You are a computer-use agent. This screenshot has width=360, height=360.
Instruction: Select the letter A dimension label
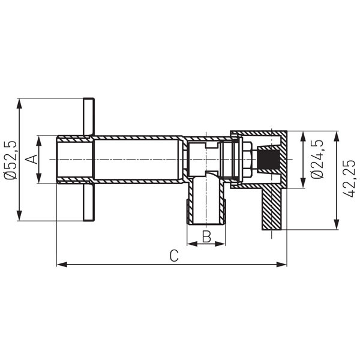pyautogui.click(x=33, y=159)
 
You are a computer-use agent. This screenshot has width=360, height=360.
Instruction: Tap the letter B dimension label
pyautogui.click(x=206, y=236)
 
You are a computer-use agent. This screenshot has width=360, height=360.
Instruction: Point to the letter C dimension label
pyautogui.click(x=173, y=256)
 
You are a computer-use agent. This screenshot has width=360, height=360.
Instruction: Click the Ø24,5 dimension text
pyautogui.click(x=318, y=159)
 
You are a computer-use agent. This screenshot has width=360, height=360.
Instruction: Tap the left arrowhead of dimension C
pyautogui.click(x=61, y=264)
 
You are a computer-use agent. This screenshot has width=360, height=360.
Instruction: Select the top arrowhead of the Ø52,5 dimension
pyautogui.click(x=21, y=103)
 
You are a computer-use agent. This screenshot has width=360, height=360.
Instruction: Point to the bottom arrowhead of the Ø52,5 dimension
pyautogui.click(x=21, y=217)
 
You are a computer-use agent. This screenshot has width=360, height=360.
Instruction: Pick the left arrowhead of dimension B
pyautogui.click(x=191, y=244)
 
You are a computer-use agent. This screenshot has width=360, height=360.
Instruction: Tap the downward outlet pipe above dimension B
pyautogui.click(x=206, y=201)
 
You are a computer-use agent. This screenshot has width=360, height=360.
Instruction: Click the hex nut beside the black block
pyautogui.click(x=245, y=159)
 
